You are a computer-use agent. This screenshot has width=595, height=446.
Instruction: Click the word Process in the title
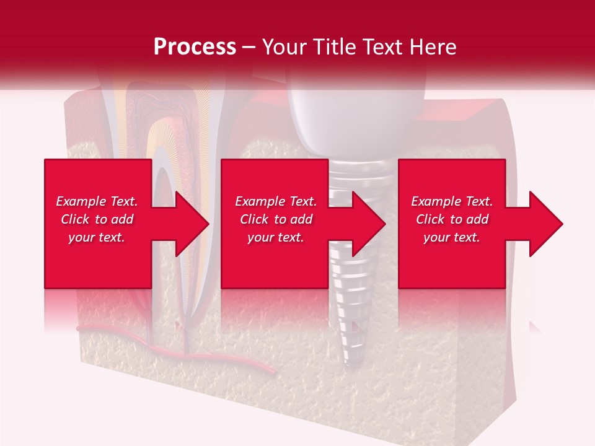point(195,46)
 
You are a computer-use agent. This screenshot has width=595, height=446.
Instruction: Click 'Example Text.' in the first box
point(97,201)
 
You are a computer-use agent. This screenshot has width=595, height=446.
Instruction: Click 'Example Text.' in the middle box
point(276,201)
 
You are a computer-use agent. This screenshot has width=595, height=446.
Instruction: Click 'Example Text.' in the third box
point(452,201)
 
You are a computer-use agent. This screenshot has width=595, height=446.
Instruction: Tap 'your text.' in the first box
point(97,237)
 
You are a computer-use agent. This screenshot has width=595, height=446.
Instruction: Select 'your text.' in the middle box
point(276,237)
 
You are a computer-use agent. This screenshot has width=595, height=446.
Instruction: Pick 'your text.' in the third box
point(452,237)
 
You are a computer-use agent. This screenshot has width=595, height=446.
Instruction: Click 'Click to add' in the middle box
point(276,219)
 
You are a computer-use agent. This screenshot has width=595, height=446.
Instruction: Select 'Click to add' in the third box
point(452,219)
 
